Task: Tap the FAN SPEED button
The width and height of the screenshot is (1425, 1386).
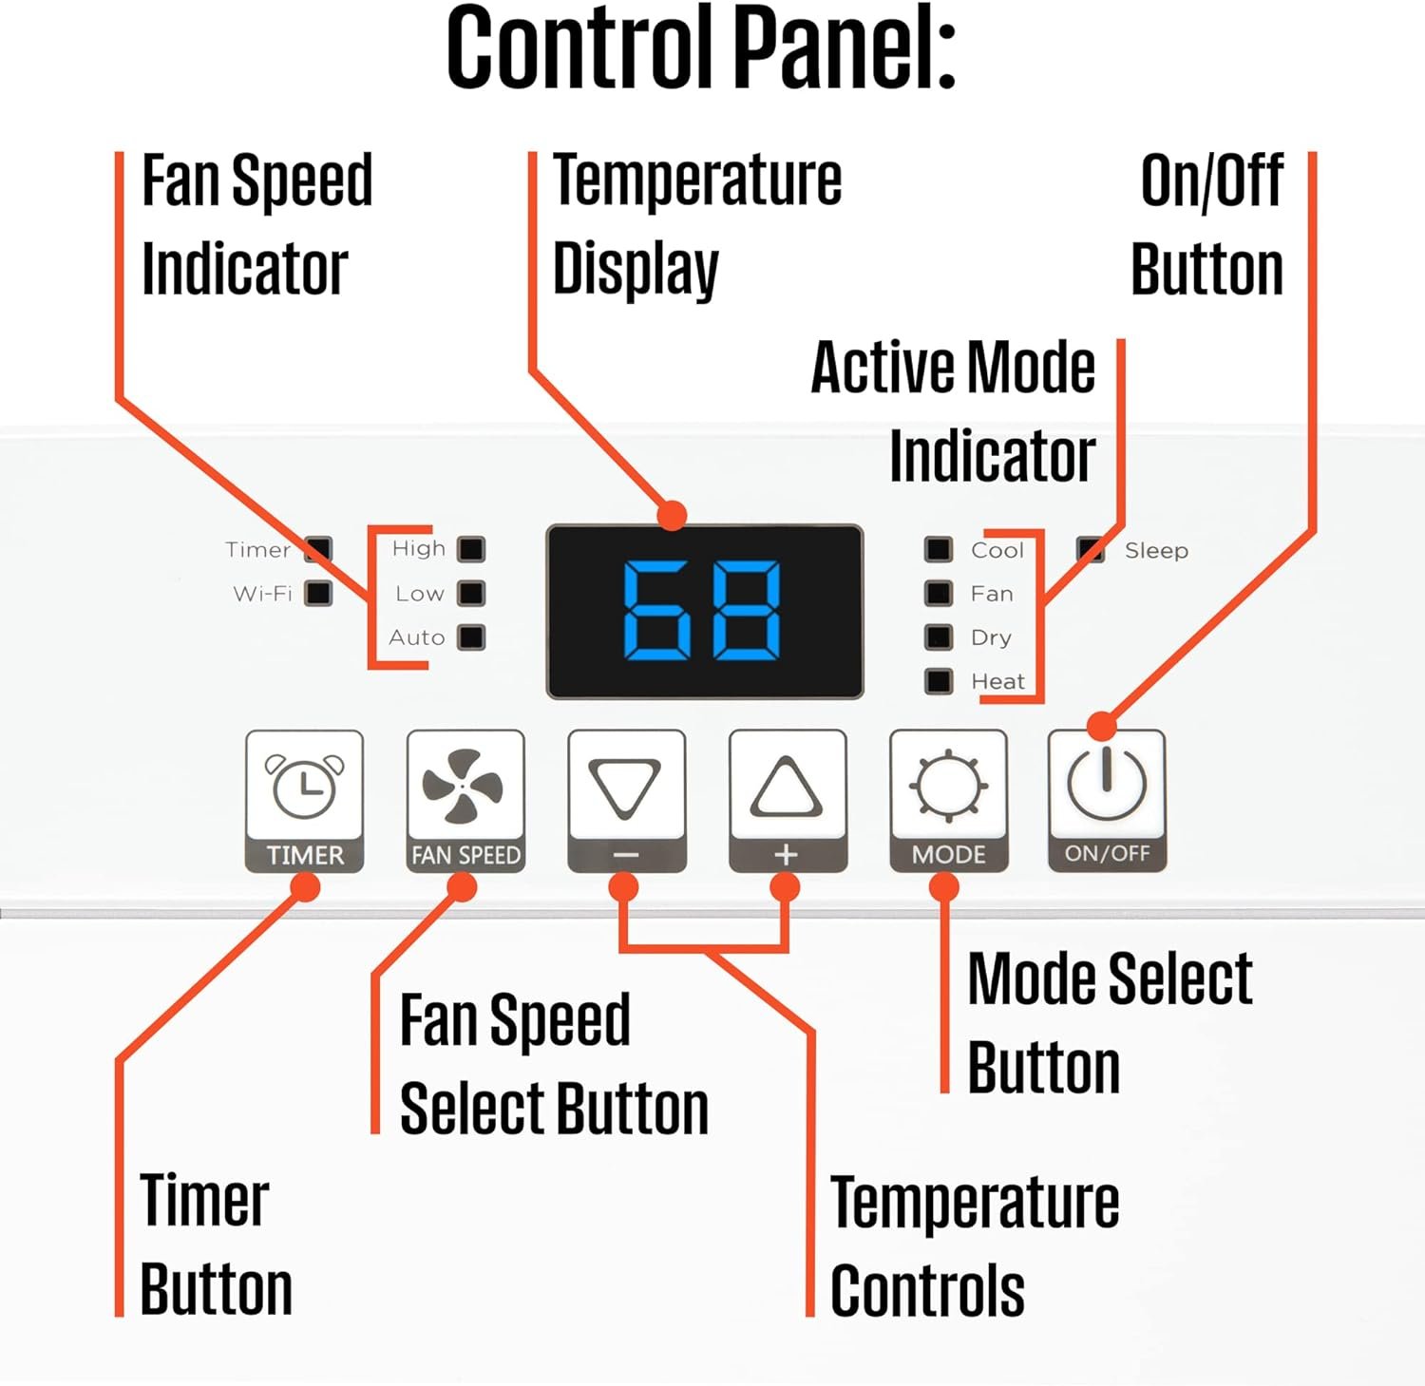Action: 465,800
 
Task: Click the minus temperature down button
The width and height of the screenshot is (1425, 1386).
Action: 626,800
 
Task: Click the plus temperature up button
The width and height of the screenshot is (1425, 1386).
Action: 787,800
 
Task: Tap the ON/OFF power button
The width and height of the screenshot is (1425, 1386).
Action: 1107,800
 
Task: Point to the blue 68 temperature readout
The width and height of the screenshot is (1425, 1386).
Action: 702,611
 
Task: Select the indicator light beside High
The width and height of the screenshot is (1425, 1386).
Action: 471,549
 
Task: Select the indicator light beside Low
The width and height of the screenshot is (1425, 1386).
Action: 471,594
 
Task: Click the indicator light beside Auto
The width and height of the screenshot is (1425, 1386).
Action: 471,637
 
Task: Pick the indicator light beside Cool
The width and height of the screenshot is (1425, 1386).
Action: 939,549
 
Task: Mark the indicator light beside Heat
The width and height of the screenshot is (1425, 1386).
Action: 939,681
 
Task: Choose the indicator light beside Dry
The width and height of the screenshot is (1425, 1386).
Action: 939,637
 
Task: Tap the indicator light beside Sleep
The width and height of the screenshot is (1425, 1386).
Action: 1091,549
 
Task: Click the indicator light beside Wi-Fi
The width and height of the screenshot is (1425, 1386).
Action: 318,594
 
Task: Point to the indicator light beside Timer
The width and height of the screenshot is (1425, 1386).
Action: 318,549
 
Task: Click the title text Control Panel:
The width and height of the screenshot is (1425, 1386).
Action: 701,49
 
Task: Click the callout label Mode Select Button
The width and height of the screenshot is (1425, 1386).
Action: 1109,1023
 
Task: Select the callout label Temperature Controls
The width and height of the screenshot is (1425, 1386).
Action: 974,1245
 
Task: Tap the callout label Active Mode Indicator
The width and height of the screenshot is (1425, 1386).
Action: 953,411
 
